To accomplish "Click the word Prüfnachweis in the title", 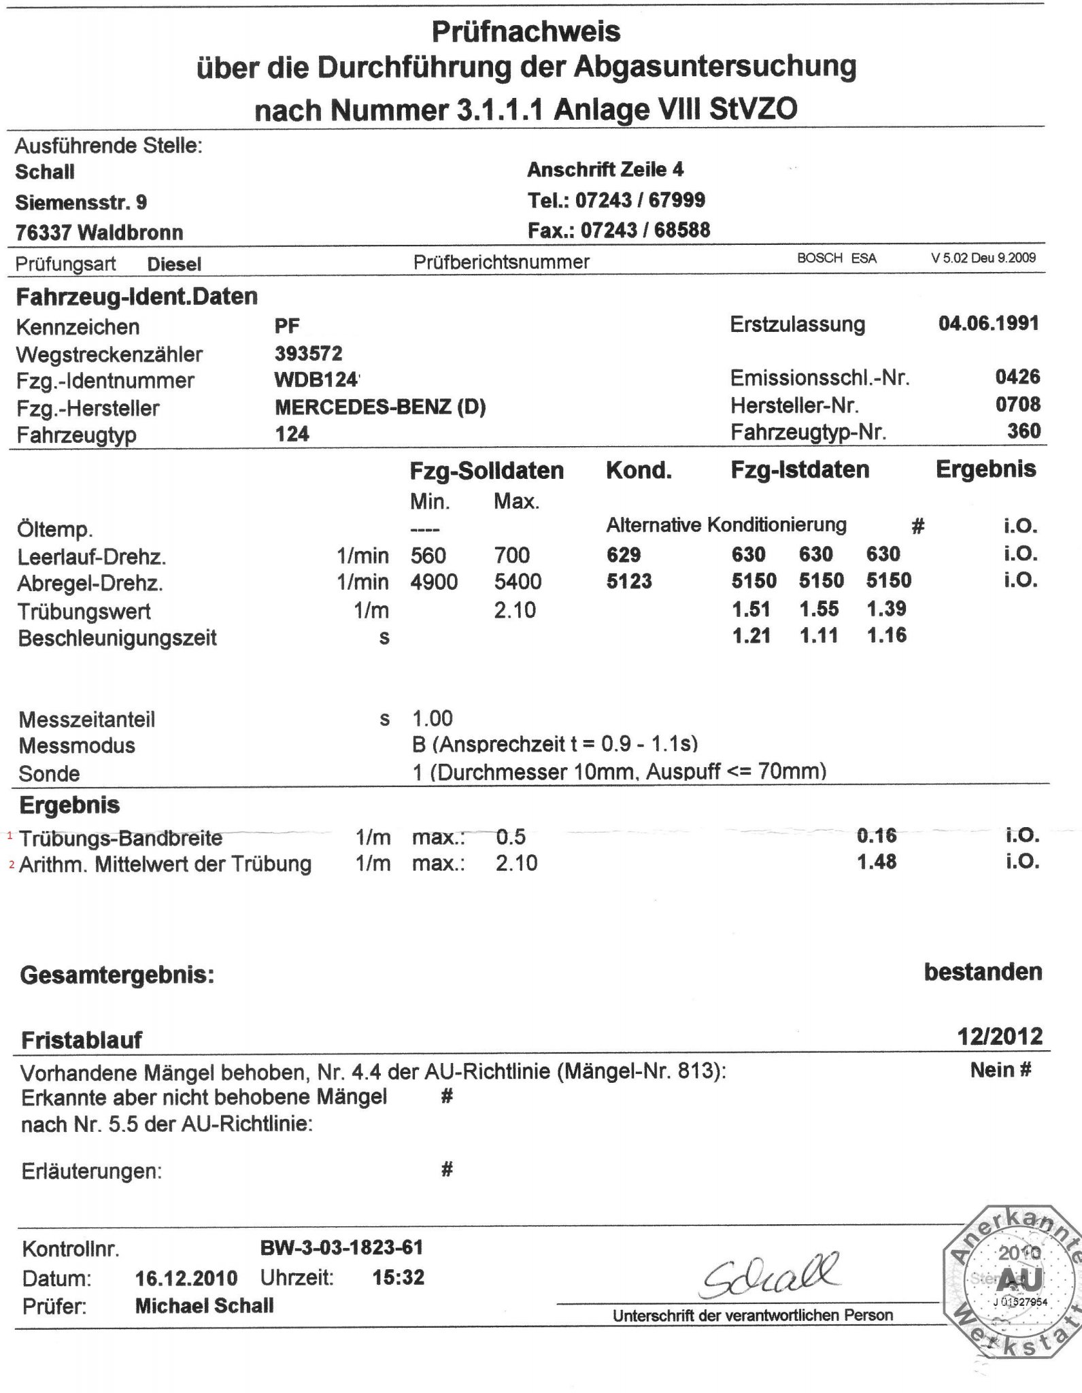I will pyautogui.click(x=526, y=31).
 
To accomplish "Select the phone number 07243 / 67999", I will pyautogui.click(x=640, y=200).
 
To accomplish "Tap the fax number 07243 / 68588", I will pyautogui.click(x=645, y=230).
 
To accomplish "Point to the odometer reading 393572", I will pyautogui.click(x=309, y=353).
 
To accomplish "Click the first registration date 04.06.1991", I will pyautogui.click(x=989, y=323).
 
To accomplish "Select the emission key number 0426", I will pyautogui.click(x=1017, y=377).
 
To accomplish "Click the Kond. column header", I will pyautogui.click(x=639, y=470).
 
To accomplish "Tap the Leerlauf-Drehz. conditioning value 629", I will pyautogui.click(x=624, y=554).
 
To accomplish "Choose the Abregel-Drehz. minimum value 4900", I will pyautogui.click(x=434, y=582).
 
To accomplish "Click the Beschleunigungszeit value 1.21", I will pyautogui.click(x=751, y=635).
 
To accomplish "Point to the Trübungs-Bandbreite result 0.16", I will pyautogui.click(x=877, y=835).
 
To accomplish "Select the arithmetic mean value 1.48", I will pyautogui.click(x=877, y=862).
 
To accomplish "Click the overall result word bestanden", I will pyautogui.click(x=983, y=972).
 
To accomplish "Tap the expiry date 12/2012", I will pyautogui.click(x=1000, y=1037).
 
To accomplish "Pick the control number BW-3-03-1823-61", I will pyautogui.click(x=341, y=1247).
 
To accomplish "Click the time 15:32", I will pyautogui.click(x=399, y=1277).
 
